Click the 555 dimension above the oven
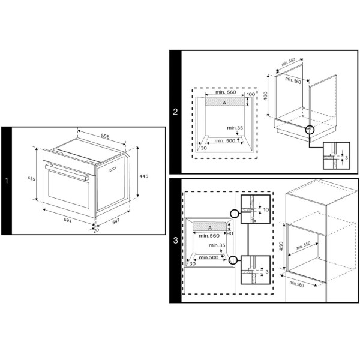[106, 136]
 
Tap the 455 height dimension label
[31, 178]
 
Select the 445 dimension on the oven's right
[144, 176]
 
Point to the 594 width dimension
[68, 220]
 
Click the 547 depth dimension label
[116, 221]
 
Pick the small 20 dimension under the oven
[96, 230]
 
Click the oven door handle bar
[67, 172]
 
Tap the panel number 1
[7, 181]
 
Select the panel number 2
[175, 112]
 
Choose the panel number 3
[175, 241]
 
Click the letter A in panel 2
[224, 103]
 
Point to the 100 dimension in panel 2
[251, 94]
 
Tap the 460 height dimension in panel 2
[266, 95]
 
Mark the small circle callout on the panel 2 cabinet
[309, 130]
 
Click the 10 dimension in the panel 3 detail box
[266, 209]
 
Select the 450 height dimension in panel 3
[281, 247]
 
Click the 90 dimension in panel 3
[230, 233]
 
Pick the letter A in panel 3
[210, 228]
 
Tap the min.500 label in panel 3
[209, 257]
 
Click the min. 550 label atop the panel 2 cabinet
[288, 62]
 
